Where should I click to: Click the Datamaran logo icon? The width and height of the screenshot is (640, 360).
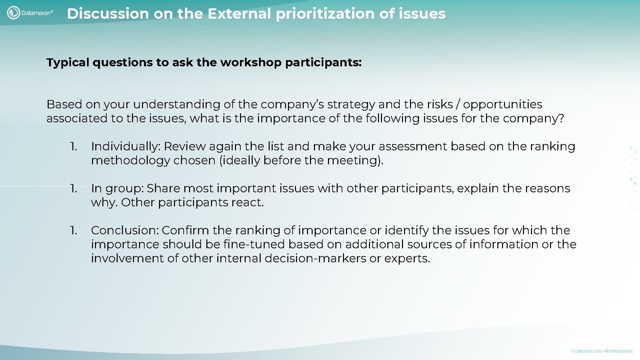pos(13,13)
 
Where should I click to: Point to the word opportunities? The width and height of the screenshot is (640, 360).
pos(502,104)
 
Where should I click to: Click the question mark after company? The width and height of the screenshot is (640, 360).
pos(561,118)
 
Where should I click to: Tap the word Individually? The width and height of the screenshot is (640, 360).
pos(126,147)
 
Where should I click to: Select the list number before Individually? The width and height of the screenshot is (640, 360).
pos(73,146)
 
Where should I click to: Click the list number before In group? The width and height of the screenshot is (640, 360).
pos(73,188)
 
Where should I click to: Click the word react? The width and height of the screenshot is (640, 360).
pos(249,202)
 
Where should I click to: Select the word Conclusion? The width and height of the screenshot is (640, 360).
pos(125,230)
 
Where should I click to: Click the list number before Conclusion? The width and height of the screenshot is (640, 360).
pos(73,230)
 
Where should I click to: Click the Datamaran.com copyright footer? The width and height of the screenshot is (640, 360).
pos(602,351)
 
